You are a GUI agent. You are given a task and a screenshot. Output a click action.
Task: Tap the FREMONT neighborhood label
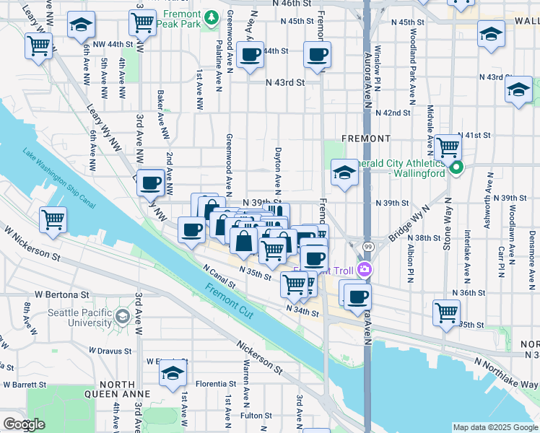coord(367,138)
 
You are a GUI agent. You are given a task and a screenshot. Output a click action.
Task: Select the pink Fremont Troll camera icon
coord(366,270)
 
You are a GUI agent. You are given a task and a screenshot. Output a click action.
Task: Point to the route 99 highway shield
coord(368,248)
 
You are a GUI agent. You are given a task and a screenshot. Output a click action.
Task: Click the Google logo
coord(24,424)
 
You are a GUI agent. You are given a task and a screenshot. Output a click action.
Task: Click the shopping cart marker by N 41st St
coord(448,148)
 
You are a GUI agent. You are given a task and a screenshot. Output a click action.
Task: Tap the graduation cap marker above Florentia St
coord(173,372)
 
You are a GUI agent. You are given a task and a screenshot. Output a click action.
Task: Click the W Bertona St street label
coord(61,295)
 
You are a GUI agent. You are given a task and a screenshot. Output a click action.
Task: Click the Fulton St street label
coord(256,415)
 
